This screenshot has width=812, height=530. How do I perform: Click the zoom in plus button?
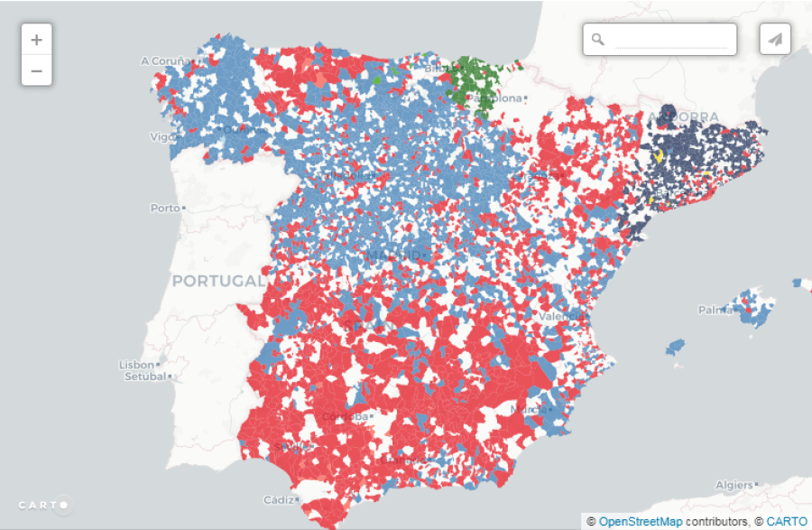click(36, 40)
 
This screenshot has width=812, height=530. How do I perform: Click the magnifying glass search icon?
click(597, 39)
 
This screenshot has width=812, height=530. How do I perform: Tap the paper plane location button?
click(775, 39)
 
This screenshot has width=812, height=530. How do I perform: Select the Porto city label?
click(165, 208)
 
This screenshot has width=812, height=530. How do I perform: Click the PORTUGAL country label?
click(217, 281)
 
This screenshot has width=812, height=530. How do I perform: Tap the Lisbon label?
click(136, 365)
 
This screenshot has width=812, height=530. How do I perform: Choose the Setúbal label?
click(142, 377)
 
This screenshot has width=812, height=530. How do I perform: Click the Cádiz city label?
click(278, 499)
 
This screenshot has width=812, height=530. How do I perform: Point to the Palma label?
click(715, 310)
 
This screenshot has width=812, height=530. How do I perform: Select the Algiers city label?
click(733, 485)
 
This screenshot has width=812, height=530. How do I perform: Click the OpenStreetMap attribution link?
click(640, 522)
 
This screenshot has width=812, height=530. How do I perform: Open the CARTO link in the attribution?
click(787, 522)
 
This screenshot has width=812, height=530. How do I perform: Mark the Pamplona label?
click(495, 97)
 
